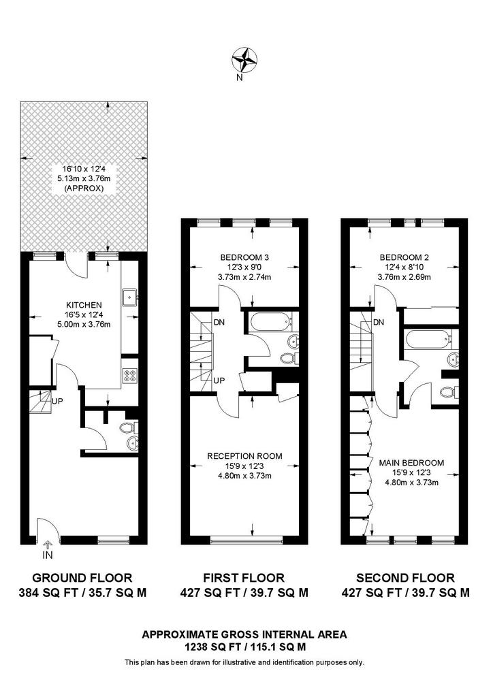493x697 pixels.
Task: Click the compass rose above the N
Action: click(244, 60)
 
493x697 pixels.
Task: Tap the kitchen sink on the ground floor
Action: click(130, 296)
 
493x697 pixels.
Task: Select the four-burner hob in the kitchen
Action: click(130, 376)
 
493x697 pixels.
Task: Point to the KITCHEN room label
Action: click(84, 305)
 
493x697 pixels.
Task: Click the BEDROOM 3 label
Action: click(244, 257)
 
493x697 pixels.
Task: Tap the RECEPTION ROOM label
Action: click(244, 455)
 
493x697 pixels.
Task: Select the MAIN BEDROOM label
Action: click(411, 463)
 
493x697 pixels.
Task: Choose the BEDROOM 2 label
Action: click(404, 257)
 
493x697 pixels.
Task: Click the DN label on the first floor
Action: click(219, 322)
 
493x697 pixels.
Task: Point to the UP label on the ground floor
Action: click(57, 401)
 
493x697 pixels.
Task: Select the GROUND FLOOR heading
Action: click(82, 578)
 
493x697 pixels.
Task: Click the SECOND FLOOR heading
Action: click(405, 578)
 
